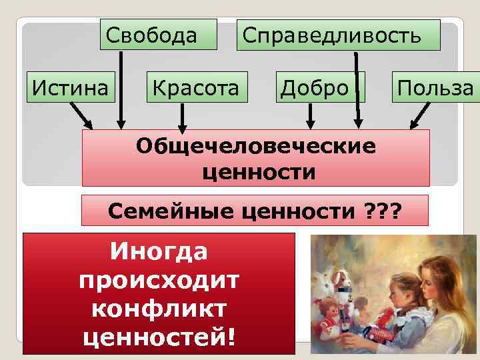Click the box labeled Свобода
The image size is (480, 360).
[x=159, y=35]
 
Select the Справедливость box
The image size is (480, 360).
[x=340, y=35]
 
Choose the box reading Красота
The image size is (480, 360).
[x=197, y=87]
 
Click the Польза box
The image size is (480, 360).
[x=435, y=87]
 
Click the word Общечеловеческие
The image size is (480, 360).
[x=256, y=146]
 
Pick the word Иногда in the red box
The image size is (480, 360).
[x=159, y=251]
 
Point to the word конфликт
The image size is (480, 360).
[x=159, y=309]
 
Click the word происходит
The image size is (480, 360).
[x=159, y=281]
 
